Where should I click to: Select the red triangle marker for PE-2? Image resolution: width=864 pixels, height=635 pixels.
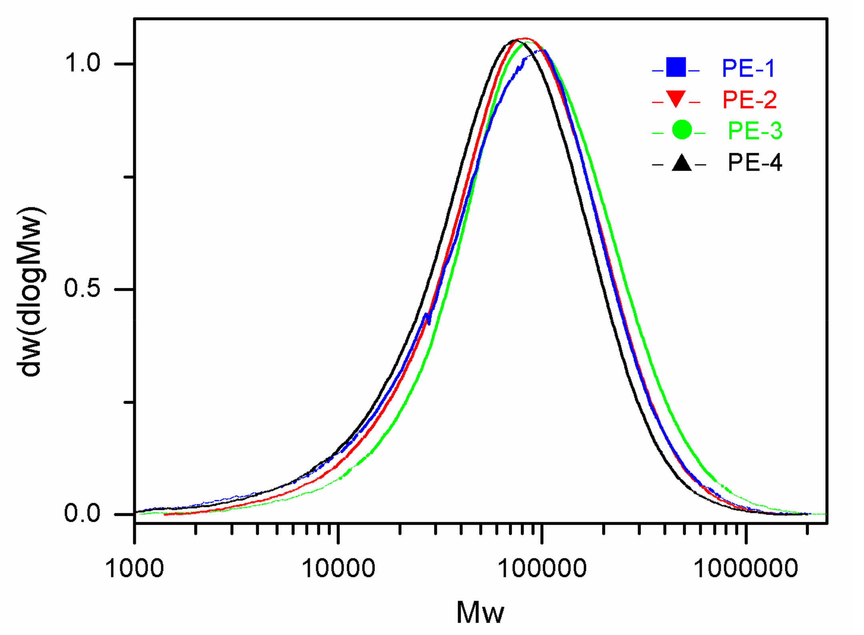click(x=676, y=99)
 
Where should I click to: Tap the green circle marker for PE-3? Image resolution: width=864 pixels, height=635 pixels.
click(x=682, y=130)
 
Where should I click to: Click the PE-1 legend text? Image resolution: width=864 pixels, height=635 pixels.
click(x=748, y=68)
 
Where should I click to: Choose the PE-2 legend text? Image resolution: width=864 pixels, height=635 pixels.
click(x=750, y=100)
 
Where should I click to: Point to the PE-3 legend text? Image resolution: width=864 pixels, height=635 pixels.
click(x=755, y=130)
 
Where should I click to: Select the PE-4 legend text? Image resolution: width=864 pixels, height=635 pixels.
click(x=755, y=162)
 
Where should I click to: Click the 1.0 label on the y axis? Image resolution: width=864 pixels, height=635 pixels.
click(x=82, y=63)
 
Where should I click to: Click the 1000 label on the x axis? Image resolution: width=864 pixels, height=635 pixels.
click(x=134, y=568)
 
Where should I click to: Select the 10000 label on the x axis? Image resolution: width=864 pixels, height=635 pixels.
click(x=338, y=568)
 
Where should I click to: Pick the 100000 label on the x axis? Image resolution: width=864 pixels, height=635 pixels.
click(x=542, y=568)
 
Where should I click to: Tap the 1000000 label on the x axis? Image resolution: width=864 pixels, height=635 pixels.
click(x=746, y=568)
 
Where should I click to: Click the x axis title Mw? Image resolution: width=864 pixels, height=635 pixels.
click(x=480, y=612)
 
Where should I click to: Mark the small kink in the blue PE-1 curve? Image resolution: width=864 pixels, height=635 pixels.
click(x=427, y=318)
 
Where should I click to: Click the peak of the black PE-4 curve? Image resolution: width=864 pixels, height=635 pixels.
click(x=514, y=40)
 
